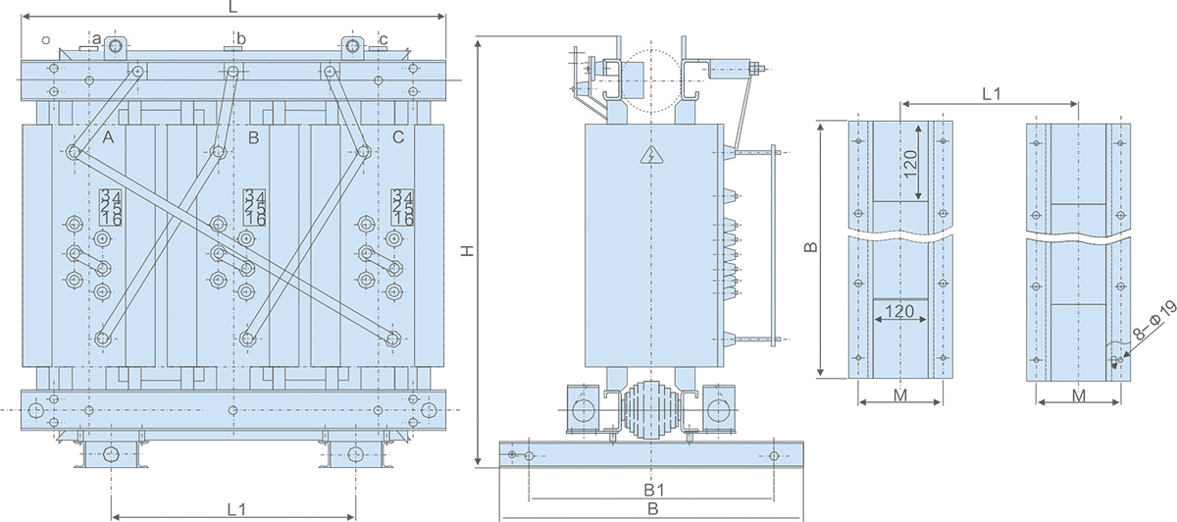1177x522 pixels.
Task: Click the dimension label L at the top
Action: (x=232, y=7)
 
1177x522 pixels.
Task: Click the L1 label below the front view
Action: (x=235, y=509)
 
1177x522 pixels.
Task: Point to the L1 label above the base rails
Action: (x=991, y=94)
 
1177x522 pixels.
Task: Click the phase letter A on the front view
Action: (x=108, y=138)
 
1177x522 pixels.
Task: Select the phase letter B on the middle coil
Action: (x=253, y=138)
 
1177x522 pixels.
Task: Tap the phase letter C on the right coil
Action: (x=398, y=137)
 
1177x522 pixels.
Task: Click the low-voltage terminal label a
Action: (x=97, y=39)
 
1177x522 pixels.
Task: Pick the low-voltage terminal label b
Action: (x=241, y=38)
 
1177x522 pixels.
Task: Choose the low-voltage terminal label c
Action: (x=383, y=39)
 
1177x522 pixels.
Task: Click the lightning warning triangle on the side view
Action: (x=648, y=154)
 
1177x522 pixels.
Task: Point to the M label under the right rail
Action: (x=1078, y=395)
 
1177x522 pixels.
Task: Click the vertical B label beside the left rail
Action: (x=810, y=248)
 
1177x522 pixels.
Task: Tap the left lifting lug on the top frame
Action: (x=117, y=46)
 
